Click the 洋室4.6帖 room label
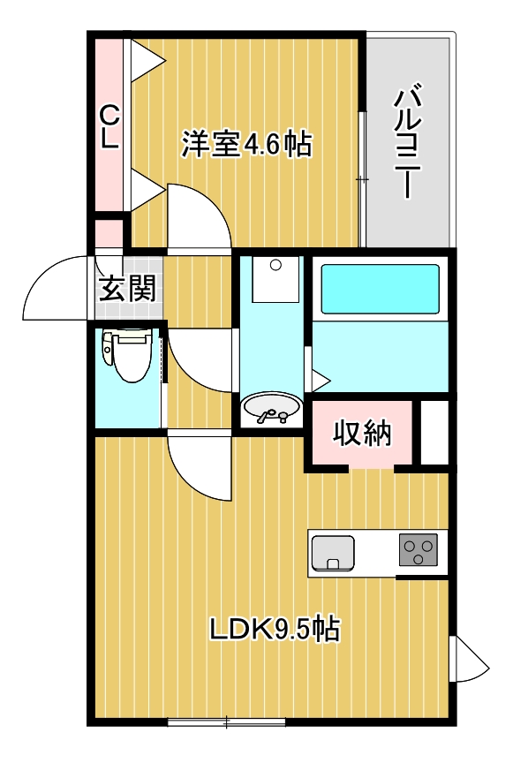click(x=246, y=143)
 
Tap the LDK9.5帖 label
click(x=275, y=629)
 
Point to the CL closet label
click(x=109, y=129)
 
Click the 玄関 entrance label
click(x=127, y=289)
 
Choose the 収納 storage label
click(x=361, y=433)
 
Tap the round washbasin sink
click(x=270, y=410)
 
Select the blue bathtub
click(x=380, y=288)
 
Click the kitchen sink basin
click(x=333, y=553)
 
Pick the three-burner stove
click(x=419, y=552)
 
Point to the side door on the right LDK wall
click(x=467, y=659)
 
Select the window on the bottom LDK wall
click(x=226, y=721)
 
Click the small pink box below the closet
click(x=109, y=233)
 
